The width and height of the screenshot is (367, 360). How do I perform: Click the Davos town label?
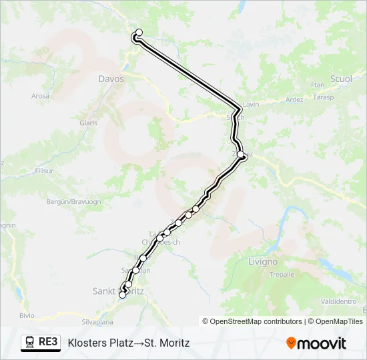click(111, 79)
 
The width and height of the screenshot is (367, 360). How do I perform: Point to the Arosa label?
click(40, 96)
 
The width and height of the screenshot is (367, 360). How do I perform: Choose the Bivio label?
click(27, 315)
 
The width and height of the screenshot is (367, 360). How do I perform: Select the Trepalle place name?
click(281, 275)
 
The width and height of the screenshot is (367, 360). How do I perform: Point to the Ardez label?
click(294, 100)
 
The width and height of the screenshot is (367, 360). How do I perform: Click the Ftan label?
click(317, 85)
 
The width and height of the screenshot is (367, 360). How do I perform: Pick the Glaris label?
click(88, 123)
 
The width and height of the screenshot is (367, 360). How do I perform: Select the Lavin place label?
click(250, 105)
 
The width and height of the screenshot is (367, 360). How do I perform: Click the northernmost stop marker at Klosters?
click(139, 32)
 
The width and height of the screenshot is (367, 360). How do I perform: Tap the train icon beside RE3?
click(30, 343)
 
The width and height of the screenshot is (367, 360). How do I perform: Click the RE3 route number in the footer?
click(48, 343)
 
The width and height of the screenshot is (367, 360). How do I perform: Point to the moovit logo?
click(316, 343)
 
